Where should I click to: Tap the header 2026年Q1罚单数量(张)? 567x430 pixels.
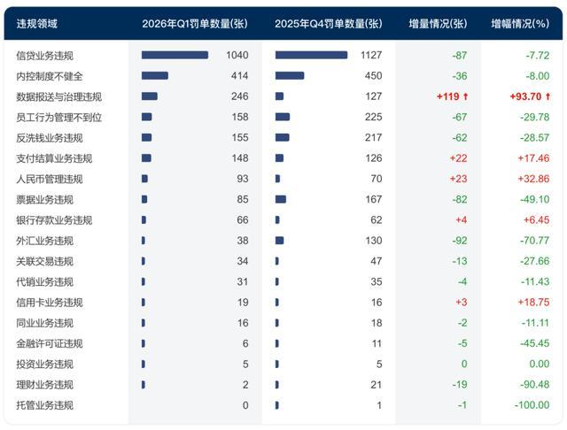tap(194, 24)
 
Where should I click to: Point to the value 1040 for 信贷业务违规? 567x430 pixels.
tap(237, 56)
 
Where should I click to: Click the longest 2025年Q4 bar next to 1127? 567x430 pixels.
tap(311, 56)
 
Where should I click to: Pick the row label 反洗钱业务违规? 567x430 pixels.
tap(50, 138)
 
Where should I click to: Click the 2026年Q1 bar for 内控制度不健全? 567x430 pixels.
tap(154, 76)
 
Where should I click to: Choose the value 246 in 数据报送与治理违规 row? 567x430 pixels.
tap(240, 96)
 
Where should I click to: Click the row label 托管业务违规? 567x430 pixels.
tap(44, 405)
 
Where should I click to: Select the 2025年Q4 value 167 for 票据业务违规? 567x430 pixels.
tap(373, 200)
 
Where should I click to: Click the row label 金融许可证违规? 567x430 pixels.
tap(50, 343)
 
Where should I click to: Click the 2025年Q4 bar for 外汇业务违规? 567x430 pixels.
tap(279, 241)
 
